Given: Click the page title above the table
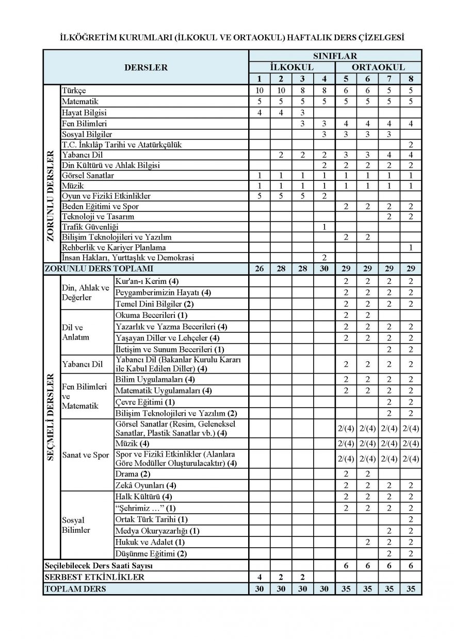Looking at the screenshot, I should (232, 38).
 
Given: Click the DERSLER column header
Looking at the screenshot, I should (146, 67).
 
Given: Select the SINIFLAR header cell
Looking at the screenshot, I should (335, 56).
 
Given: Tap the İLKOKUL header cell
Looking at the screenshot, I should (292, 67).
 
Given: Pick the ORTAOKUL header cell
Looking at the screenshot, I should (378, 67).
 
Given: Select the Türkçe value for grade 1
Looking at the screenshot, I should (260, 91).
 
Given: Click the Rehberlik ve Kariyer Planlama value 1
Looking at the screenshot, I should (411, 247).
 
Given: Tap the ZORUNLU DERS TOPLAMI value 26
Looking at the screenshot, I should (260, 269).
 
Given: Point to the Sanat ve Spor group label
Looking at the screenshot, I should (86, 455).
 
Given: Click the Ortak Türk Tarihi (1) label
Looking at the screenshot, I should (152, 519).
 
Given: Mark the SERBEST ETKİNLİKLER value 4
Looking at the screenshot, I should (260, 577).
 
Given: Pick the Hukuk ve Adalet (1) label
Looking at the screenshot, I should (150, 542).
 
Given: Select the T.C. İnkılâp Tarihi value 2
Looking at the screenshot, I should (411, 145).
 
